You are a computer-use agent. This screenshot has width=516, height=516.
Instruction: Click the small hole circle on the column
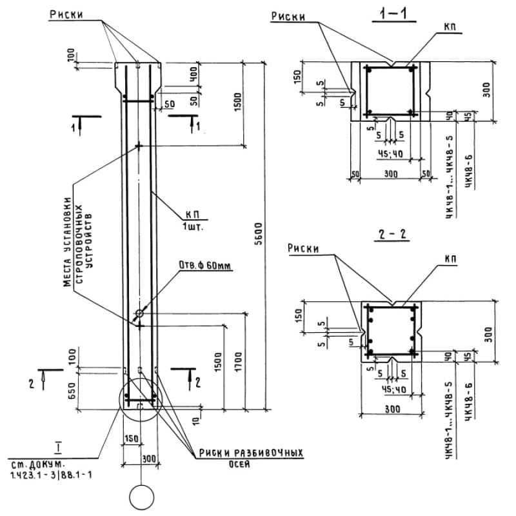139,314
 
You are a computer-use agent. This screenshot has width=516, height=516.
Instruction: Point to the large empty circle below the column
141,497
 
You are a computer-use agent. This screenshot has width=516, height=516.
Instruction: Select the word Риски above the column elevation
68,14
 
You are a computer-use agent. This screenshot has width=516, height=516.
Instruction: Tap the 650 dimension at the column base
72,390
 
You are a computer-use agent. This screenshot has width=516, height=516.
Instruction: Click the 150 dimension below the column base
131,439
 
